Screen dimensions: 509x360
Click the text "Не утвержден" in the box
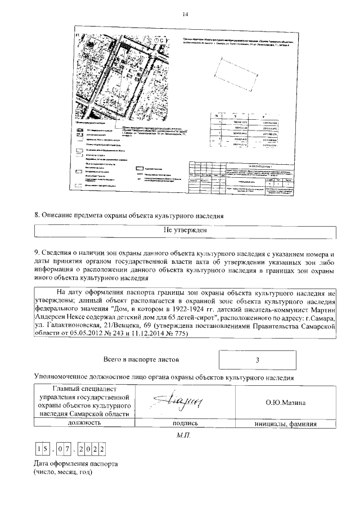[185, 229]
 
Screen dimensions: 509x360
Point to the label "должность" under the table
[84, 422]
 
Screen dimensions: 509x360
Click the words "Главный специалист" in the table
[83, 388]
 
